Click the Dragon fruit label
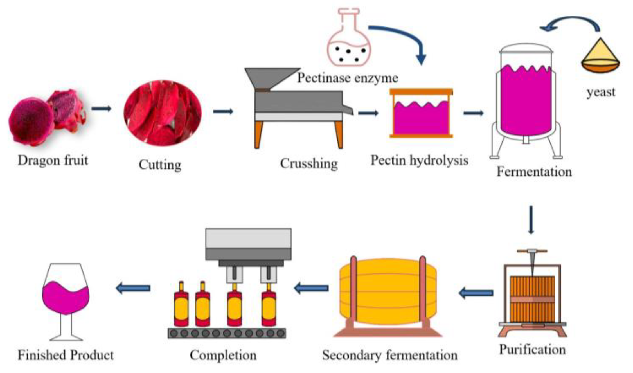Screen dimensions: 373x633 (53, 160)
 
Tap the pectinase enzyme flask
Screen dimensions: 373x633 (349, 42)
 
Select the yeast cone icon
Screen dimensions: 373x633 (600, 58)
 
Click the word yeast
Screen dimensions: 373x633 (601, 92)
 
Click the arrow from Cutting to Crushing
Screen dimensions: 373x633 (223, 111)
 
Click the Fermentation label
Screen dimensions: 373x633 (534, 172)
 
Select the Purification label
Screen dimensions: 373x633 (532, 350)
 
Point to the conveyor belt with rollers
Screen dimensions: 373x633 (227, 333)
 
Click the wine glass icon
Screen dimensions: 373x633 (66, 298)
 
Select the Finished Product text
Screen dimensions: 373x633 (66, 355)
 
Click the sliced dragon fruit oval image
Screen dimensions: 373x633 (163, 113)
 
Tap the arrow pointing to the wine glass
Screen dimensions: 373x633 (133, 288)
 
